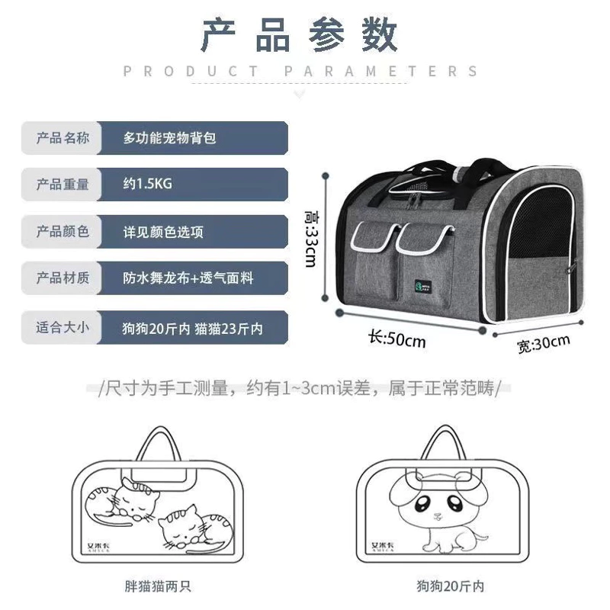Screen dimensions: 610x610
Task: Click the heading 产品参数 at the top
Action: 299,35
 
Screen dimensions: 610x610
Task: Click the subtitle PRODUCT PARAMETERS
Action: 300,71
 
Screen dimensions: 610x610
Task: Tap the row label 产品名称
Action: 63,138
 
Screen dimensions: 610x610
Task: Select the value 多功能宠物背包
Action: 169,138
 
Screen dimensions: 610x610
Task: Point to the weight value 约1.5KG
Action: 147,184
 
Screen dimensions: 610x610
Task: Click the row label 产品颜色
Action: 63,232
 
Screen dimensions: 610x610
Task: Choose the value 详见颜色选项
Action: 163,232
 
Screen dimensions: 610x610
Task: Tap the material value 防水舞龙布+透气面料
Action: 188,278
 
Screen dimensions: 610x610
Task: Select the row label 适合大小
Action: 63,327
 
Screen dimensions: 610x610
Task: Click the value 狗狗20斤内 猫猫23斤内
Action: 193,329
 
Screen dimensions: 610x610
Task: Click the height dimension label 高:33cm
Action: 311,239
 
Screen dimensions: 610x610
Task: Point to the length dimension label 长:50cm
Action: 397,339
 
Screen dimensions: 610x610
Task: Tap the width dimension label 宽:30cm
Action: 544,344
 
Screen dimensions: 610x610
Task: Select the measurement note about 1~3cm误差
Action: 299,388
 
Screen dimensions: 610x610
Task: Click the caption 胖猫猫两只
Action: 158,586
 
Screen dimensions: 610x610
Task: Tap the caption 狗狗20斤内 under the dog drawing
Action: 450,586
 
